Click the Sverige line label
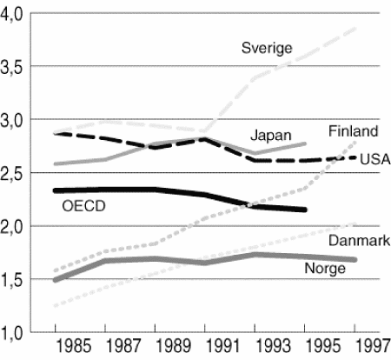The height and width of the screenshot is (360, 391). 267,47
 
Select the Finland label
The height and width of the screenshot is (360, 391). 353,131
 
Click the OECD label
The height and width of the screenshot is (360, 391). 83,207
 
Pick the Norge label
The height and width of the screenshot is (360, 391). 325,268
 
